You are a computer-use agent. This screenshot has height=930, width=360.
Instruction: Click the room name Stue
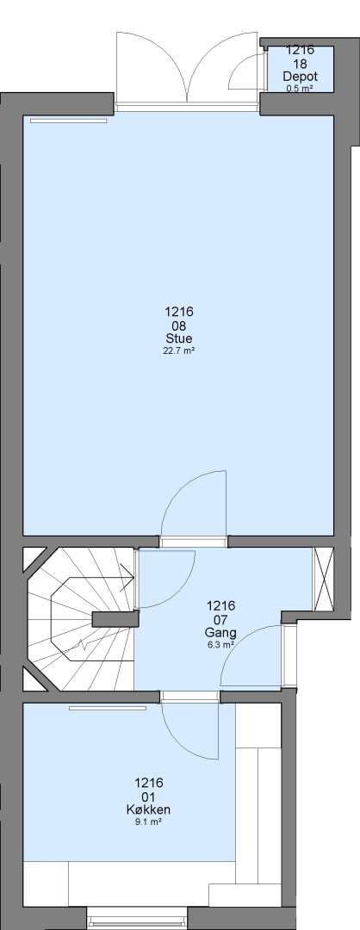coord(178,338)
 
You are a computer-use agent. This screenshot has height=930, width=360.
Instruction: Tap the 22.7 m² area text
coord(178,350)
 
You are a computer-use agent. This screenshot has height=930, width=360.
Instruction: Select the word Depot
coord(300,77)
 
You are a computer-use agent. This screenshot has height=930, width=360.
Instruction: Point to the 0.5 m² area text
coord(300,89)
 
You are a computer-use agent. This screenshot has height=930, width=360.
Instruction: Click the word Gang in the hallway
coord(220,633)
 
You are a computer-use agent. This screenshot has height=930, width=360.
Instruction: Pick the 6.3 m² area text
coord(220,645)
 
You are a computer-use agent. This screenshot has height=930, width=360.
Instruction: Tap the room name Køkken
coord(148,809)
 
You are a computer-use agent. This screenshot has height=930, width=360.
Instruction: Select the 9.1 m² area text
coord(148,822)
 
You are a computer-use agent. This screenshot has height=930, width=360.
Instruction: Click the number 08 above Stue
coord(178,325)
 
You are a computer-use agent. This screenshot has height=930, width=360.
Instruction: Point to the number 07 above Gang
coord(220,619)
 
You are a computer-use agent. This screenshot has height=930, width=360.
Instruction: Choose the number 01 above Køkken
coord(148,797)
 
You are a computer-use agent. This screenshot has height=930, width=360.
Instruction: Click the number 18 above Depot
coord(300,64)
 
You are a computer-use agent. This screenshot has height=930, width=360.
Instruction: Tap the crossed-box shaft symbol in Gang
coord(324,579)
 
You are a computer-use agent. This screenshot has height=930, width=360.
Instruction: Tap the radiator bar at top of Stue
coord(68,121)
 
